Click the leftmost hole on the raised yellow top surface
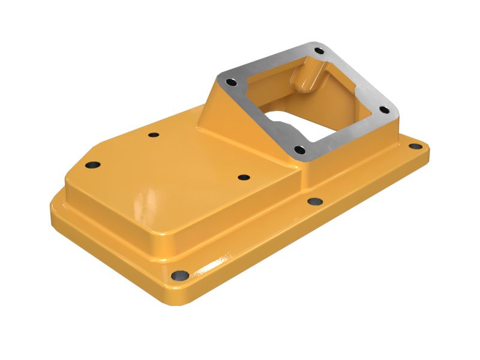(x=92, y=164)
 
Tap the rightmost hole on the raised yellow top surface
(x=244, y=178)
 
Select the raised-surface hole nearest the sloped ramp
(x=154, y=134)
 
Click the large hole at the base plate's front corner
(x=179, y=276)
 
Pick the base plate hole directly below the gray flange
(x=314, y=202)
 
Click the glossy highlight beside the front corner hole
(x=216, y=264)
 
